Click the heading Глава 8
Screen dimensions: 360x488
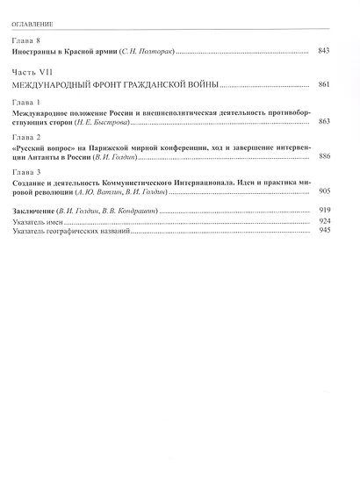tap(27, 41)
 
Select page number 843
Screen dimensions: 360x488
tap(324, 52)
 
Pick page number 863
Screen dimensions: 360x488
tap(324, 123)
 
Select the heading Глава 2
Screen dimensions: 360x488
tap(27, 139)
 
